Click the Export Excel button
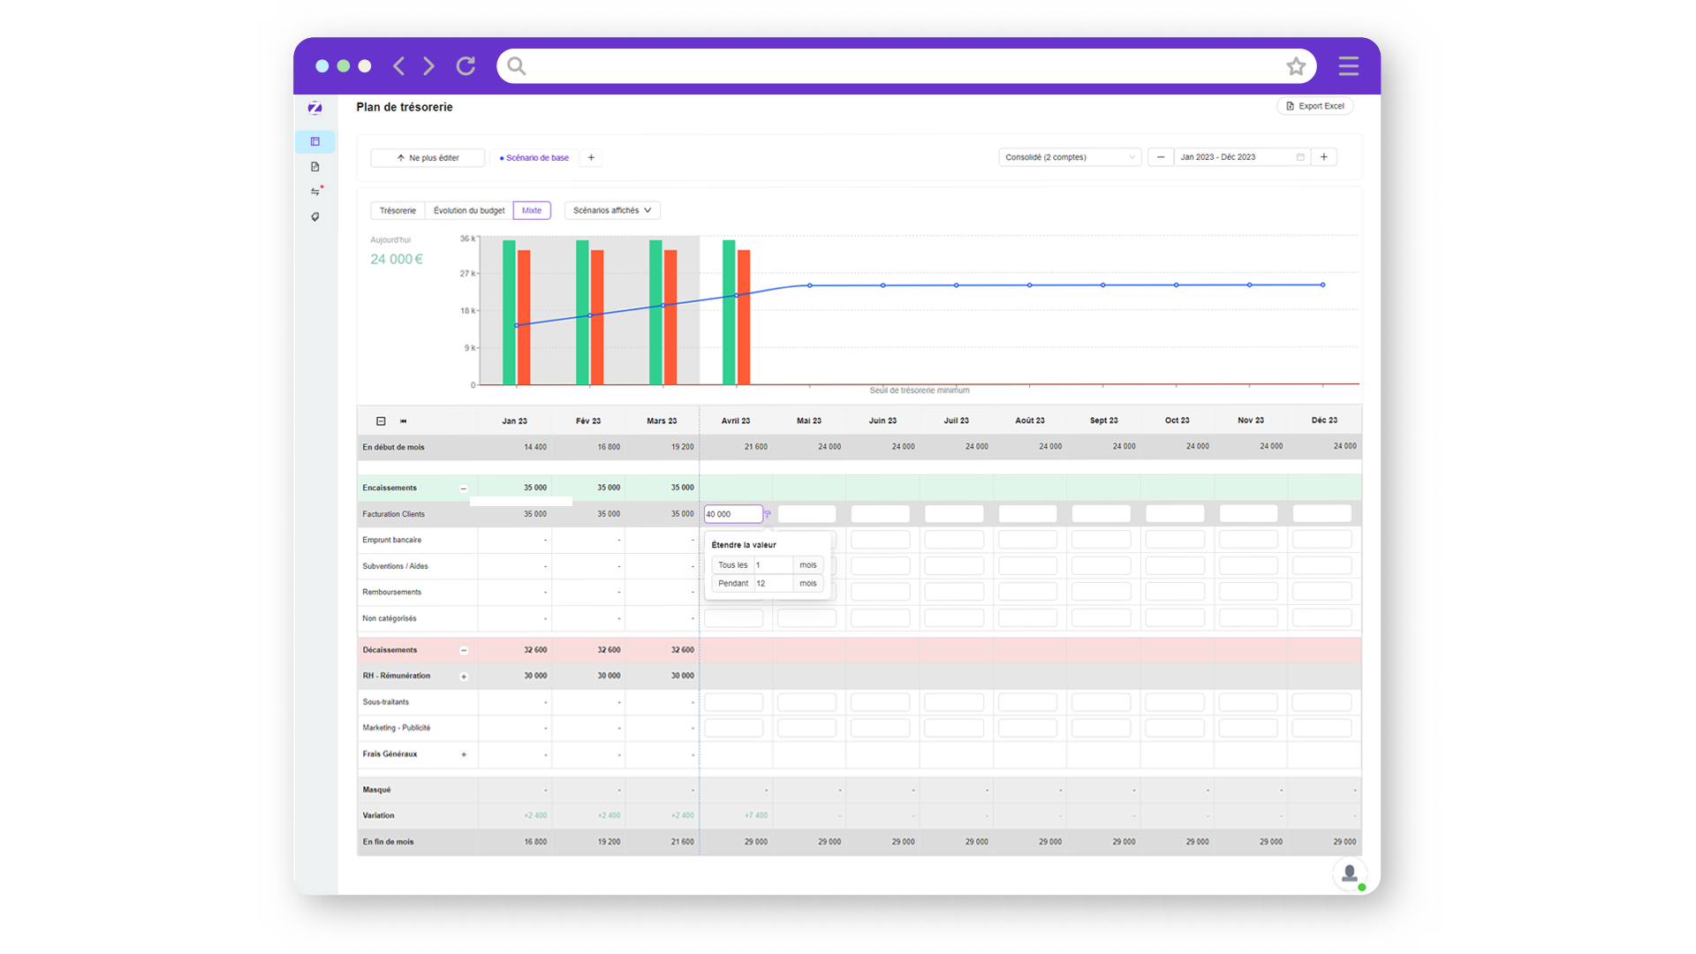1314,106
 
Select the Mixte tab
531,210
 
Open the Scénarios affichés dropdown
612,210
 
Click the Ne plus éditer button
428,158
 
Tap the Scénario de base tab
534,158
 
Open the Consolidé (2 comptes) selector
1069,157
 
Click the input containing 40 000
731,514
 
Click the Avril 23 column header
735,421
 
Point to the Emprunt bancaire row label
391,540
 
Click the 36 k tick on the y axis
466,238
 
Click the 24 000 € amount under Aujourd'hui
396,259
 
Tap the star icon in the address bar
1295,66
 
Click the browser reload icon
466,66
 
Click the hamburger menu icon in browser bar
1348,66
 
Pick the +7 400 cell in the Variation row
755,816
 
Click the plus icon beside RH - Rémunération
464,677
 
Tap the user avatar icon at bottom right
1349,874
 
